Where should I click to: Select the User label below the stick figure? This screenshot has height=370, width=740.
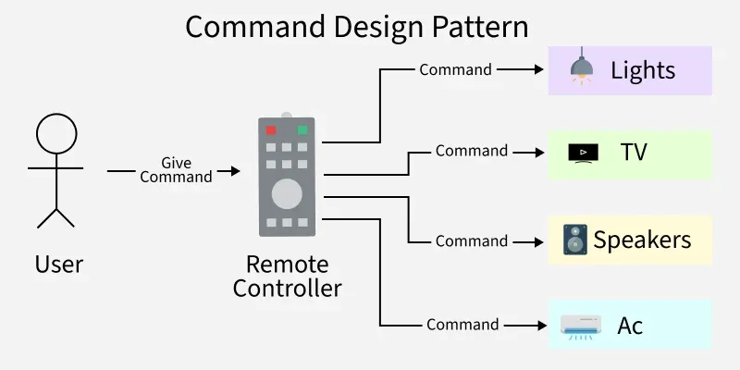click(x=58, y=265)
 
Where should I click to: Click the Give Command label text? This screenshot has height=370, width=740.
click(x=176, y=170)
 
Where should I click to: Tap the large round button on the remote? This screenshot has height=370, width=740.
click(x=287, y=193)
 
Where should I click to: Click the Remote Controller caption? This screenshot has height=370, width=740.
click(x=287, y=276)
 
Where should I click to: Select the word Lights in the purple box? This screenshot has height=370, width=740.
click(x=643, y=70)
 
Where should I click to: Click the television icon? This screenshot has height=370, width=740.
click(x=583, y=152)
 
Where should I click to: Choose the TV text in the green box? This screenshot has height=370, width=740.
click(x=634, y=152)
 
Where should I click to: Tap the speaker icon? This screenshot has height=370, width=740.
click(x=574, y=240)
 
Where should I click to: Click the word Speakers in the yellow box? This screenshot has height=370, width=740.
click(x=642, y=240)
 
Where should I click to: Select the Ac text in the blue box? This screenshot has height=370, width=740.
click(x=630, y=326)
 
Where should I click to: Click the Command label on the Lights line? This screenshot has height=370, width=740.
click(x=455, y=69)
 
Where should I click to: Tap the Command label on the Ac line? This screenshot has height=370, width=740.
click(x=462, y=325)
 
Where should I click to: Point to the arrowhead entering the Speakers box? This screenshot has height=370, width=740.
click(x=537, y=241)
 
